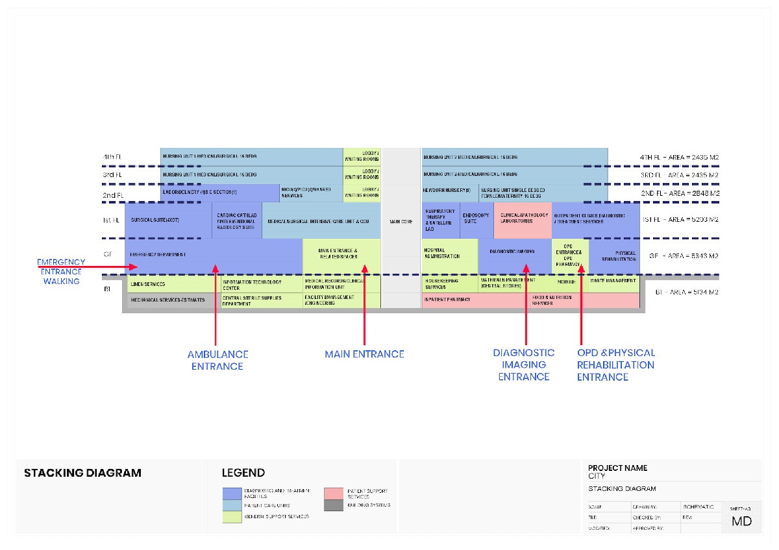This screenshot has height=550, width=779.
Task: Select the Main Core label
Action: pos(401,222)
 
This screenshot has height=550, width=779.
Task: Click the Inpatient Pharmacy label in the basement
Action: pos(447,300)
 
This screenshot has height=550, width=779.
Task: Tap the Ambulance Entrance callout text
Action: pos(217,360)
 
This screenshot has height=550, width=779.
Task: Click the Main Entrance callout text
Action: pos(364,354)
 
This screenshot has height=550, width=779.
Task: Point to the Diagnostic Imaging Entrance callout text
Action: pos(523,365)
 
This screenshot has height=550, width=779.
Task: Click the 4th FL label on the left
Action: pos(112,157)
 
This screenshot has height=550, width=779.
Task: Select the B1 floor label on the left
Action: pos(107,289)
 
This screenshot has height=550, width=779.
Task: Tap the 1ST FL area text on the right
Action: pos(680,220)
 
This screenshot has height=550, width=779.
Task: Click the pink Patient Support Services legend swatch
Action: pos(334,494)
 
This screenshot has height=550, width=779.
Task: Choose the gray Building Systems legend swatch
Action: pos(334,505)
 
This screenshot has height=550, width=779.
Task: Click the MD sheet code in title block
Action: pos(741,521)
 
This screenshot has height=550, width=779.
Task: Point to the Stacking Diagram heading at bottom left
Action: pos(82,473)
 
